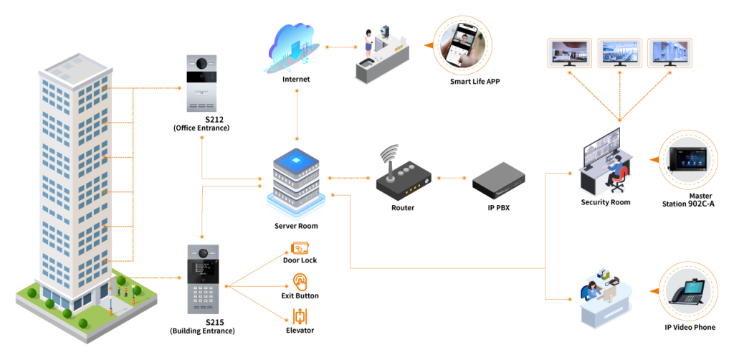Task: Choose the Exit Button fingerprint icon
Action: tap(300, 283)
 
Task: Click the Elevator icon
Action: tap(300, 317)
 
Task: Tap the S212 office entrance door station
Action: tap(201, 83)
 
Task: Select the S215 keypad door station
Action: tap(202, 279)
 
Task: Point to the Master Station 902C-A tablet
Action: tap(687, 160)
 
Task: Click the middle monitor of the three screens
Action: tap(620, 52)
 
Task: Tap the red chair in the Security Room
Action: tap(619, 179)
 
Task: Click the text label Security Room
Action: tap(606, 202)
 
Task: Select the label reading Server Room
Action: tap(296, 226)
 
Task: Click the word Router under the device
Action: tap(403, 207)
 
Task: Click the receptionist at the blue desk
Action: tap(589, 289)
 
